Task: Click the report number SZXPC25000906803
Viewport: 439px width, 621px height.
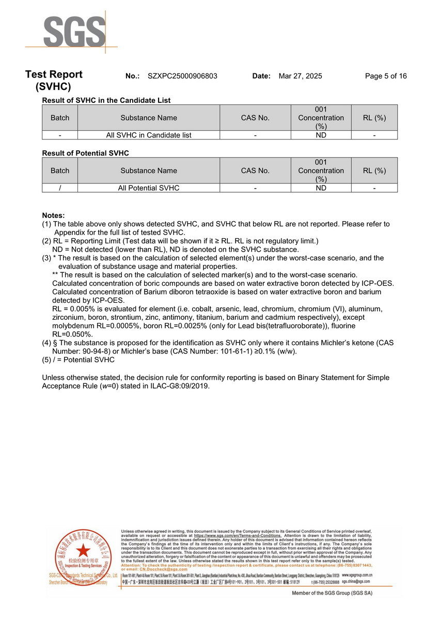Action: pos(182,76)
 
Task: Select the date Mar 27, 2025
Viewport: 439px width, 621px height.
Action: pos(300,76)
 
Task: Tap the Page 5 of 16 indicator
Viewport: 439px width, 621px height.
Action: pos(385,76)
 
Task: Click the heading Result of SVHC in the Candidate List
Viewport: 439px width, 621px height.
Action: pos(106,100)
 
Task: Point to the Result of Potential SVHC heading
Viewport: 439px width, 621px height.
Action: pos(85,153)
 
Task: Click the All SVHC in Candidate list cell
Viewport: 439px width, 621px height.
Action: pos(149,135)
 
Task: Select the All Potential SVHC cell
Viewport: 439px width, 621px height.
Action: pos(149,188)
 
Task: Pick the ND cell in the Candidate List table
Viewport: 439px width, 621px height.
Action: pos(321,135)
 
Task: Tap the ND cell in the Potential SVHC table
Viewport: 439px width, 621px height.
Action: pos(321,188)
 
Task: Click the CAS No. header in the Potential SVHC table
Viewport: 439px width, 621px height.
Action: pos(255,170)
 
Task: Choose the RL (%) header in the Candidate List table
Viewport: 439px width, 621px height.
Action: pos(374,118)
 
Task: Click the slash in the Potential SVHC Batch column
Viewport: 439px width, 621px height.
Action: pos(60,188)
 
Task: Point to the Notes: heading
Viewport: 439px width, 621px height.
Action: pos(53,215)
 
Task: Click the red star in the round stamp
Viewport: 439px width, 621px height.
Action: pos(83,550)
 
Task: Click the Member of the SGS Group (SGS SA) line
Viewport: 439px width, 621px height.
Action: pos(332,593)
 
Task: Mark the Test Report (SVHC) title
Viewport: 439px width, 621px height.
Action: pos(54,81)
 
